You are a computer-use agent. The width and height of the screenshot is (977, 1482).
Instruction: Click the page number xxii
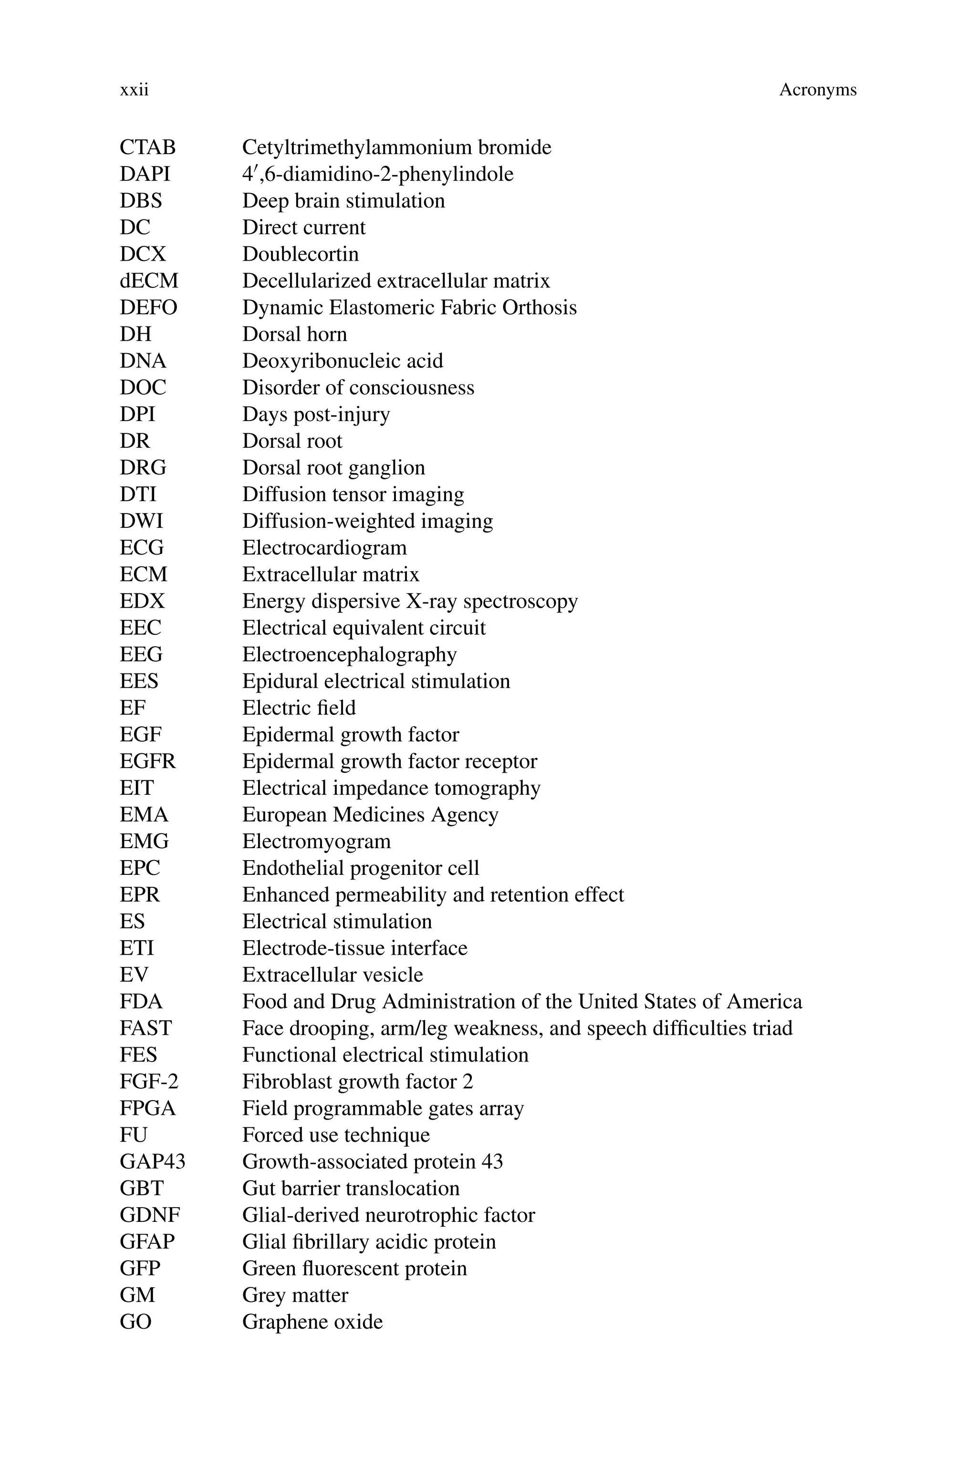click(134, 90)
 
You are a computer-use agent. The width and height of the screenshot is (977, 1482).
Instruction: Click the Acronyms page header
click(818, 90)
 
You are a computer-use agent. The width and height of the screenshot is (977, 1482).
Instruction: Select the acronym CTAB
click(148, 147)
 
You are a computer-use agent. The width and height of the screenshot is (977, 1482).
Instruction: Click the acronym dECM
click(149, 281)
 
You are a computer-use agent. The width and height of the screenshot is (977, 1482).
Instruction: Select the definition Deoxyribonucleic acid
click(342, 361)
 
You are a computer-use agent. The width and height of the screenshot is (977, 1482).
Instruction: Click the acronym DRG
click(143, 468)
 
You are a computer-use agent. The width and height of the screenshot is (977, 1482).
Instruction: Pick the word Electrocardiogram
click(324, 548)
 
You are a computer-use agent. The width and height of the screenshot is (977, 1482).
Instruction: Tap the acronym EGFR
click(148, 762)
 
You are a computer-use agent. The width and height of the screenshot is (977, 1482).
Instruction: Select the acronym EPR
click(140, 895)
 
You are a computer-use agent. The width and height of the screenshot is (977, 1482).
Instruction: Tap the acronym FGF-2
click(149, 1082)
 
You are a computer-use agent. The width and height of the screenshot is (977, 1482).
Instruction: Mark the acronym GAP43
click(153, 1162)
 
